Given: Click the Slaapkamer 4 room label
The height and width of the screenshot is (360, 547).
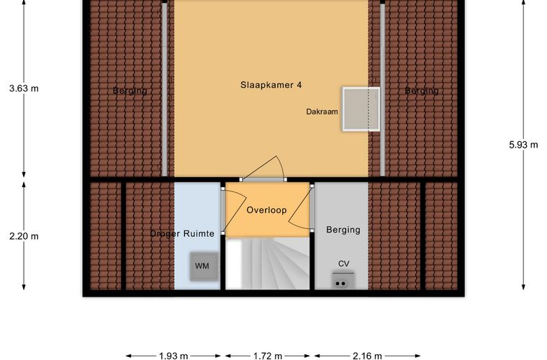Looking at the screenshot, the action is (x=271, y=85).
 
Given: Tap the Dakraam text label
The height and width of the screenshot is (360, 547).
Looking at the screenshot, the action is (x=322, y=112).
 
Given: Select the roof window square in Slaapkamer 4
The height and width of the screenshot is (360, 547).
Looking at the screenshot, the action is (x=361, y=109).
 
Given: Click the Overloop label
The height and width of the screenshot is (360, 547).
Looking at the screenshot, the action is (x=266, y=210).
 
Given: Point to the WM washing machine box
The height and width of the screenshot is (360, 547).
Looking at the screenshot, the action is (x=204, y=266).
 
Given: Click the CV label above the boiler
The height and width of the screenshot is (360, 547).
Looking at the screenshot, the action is (x=343, y=264).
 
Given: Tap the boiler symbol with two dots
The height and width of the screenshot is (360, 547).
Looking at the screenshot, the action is (x=340, y=281).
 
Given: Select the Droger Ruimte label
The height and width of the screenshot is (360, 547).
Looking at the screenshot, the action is (x=182, y=234).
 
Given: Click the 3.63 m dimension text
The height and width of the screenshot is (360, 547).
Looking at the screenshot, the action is (x=24, y=89).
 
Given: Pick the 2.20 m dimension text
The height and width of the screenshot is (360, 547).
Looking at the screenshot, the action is (x=24, y=236).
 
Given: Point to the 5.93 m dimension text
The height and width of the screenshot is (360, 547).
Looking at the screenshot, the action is (x=523, y=145).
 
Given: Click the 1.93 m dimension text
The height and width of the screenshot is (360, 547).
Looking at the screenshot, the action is (x=173, y=356).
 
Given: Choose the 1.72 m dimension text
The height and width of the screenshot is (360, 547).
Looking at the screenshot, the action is (x=268, y=356).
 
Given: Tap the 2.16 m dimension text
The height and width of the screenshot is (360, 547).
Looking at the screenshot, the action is (x=367, y=356).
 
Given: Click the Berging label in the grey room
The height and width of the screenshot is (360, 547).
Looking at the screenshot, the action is (x=343, y=230).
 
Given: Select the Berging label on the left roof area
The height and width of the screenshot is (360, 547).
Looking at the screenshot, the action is (x=130, y=91).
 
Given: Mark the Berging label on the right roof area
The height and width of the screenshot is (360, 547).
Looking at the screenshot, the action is (x=422, y=91).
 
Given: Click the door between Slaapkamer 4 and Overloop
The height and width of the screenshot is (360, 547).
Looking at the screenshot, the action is (x=263, y=168).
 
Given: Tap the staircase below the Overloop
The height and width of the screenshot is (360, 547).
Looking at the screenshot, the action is (x=268, y=264).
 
